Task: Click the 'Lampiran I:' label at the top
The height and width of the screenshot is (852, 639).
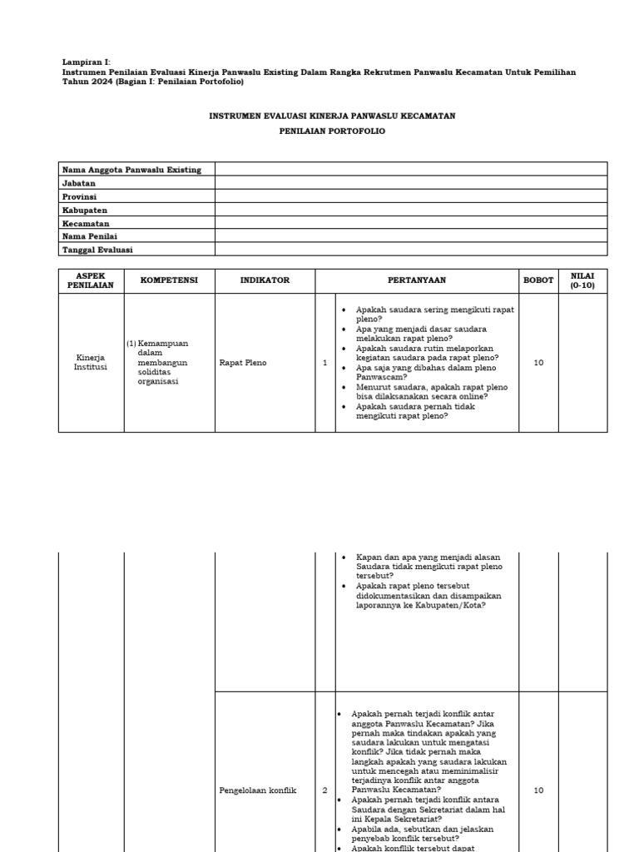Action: tap(87, 62)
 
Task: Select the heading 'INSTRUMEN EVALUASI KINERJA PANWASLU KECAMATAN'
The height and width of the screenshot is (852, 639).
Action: tap(331, 116)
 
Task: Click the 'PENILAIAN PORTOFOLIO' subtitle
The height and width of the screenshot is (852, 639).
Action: tap(332, 131)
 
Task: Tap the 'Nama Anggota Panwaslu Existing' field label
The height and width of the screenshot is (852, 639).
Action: tap(131, 170)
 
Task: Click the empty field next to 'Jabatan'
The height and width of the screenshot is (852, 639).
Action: tap(411, 183)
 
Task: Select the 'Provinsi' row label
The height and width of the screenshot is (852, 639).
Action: tap(80, 196)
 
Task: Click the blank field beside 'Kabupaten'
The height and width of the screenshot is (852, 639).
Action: tap(411, 210)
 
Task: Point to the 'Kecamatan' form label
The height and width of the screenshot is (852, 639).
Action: tap(86, 223)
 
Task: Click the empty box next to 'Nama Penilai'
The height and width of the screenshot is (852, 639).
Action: tap(411, 236)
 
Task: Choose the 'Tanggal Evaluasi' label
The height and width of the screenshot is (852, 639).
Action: tap(97, 250)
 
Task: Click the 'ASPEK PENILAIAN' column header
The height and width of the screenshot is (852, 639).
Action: tap(91, 280)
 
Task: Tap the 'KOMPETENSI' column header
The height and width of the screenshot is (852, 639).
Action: tap(169, 280)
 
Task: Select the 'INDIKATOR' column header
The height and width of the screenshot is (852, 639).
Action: tap(265, 280)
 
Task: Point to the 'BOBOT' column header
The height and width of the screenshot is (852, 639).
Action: tap(538, 280)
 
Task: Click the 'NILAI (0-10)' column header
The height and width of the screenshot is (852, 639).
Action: tap(582, 280)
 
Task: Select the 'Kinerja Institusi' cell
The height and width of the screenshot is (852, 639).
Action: tap(91, 363)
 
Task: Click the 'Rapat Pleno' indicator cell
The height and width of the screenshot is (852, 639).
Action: tap(243, 363)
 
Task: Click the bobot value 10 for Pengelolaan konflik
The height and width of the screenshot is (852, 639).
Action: tap(538, 790)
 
